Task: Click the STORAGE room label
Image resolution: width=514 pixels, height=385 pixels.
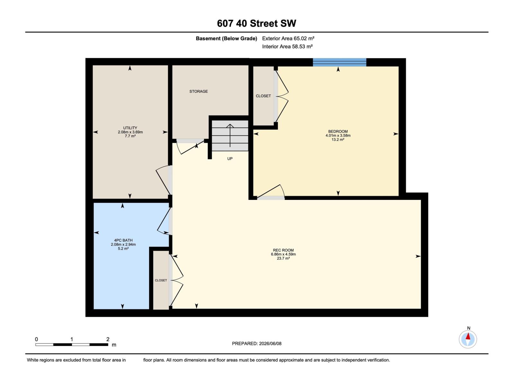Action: coord(198,91)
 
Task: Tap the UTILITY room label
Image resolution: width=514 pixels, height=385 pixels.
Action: coord(130,128)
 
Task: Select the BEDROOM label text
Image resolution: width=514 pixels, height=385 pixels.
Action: coord(338,131)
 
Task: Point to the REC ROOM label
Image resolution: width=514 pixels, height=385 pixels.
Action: coord(283,250)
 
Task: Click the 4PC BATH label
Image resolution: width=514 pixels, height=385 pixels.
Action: coord(123,240)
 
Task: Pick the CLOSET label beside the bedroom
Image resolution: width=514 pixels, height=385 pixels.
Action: coord(263,96)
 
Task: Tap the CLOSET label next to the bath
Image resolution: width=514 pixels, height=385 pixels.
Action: coord(161,280)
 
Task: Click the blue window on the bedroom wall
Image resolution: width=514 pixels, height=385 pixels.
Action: coord(339,62)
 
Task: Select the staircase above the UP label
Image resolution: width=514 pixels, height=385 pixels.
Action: coord(230,136)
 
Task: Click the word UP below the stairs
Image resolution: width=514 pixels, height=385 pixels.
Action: coord(230,159)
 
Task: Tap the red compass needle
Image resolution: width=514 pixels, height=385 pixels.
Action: coord(468,336)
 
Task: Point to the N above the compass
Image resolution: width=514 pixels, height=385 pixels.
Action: coord(468,328)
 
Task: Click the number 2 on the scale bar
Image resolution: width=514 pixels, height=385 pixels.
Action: coord(108,339)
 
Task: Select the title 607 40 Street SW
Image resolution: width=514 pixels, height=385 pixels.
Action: coord(256,23)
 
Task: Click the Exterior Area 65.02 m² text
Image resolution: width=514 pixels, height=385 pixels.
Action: coord(288,38)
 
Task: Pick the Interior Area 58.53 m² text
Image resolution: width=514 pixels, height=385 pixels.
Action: coord(287,47)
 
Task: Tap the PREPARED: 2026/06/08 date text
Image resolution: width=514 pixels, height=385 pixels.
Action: coord(257,344)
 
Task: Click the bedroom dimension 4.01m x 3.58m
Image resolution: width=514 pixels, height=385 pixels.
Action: coord(338,136)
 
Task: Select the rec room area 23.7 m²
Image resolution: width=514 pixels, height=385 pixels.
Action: coord(283,258)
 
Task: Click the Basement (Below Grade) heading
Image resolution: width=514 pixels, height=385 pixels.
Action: coord(226,38)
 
